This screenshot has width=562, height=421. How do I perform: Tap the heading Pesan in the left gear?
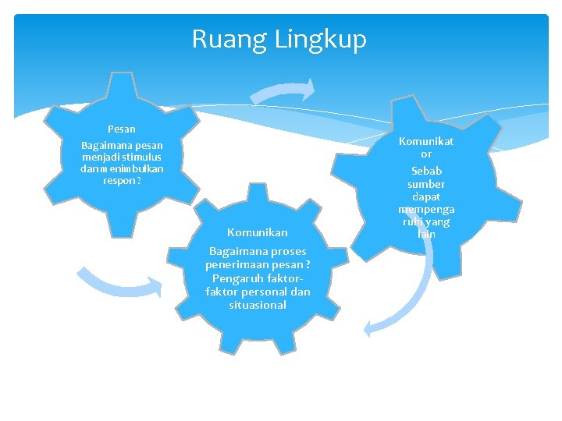122,129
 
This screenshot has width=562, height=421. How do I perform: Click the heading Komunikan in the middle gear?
258,232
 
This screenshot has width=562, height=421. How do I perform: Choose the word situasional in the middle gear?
258,305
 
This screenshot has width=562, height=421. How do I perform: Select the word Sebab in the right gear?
426,170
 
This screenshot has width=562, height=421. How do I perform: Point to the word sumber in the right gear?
426,184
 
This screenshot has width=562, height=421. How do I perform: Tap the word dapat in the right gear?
426,197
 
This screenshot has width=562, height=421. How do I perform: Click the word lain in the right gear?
426,234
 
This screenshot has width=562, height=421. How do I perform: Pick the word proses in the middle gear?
289,251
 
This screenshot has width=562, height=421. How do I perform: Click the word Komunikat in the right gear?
426,141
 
